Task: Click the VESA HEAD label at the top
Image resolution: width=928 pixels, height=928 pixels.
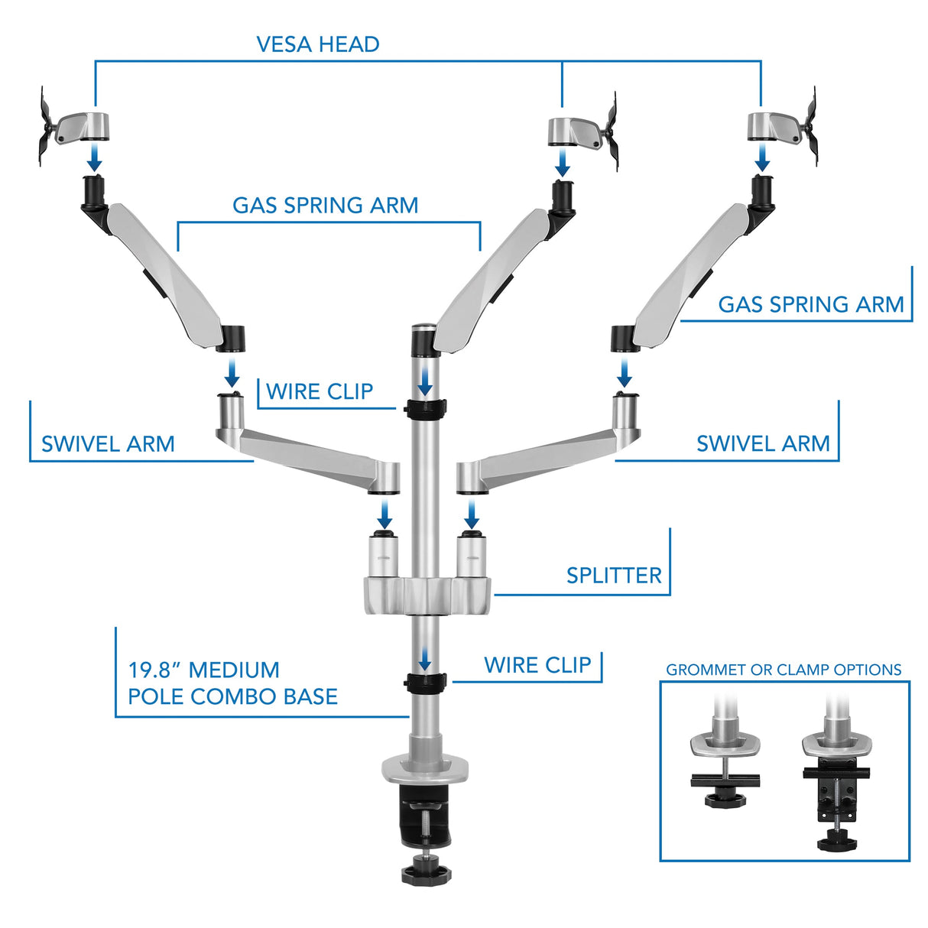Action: (317, 44)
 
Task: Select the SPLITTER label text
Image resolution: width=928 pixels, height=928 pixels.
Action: (613, 576)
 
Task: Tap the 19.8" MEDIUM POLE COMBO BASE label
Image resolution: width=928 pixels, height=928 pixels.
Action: (232, 683)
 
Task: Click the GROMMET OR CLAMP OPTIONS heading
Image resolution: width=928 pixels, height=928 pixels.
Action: (784, 670)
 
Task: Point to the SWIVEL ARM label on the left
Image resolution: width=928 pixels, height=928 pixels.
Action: (108, 444)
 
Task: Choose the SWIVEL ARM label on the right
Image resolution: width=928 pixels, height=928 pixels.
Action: (762, 443)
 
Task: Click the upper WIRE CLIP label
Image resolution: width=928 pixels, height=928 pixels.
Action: (320, 392)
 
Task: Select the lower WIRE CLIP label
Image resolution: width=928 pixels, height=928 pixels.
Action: (537, 665)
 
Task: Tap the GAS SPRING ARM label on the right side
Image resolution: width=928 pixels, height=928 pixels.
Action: (810, 304)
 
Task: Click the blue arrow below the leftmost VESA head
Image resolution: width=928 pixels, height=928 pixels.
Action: (94, 158)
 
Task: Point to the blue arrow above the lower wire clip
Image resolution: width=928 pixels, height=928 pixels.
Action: (425, 659)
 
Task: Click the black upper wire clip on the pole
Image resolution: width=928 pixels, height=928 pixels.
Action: (426, 409)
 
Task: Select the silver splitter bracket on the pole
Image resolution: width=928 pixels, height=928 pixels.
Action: (426, 595)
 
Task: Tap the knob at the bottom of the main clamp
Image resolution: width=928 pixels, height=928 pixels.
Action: (425, 869)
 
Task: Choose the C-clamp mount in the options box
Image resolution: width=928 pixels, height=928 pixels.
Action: (836, 780)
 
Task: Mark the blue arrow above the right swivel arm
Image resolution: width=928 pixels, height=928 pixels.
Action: (625, 374)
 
